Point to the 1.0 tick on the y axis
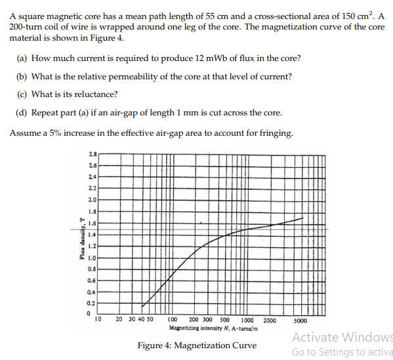pyautogui.click(x=91, y=258)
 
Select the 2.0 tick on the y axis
pyautogui.click(x=91, y=199)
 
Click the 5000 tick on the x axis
pyautogui.click(x=300, y=321)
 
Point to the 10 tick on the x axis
pyautogui.click(x=98, y=321)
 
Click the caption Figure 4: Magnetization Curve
pyautogui.click(x=197, y=346)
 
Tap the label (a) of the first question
pyautogui.click(x=22, y=58)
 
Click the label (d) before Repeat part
pyautogui.click(x=22, y=112)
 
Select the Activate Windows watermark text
pyautogui.click(x=342, y=338)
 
